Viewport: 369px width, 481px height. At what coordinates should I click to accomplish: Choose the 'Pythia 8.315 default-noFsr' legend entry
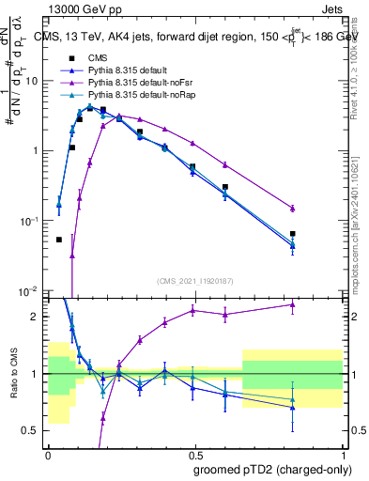click(x=142, y=83)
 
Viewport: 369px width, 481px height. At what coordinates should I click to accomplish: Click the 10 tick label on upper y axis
click(x=33, y=80)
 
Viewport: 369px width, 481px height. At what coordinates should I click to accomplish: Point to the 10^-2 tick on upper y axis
click(x=30, y=290)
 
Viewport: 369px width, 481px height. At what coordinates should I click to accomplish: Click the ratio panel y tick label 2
click(x=37, y=317)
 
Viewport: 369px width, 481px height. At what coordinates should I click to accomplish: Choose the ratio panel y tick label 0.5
click(x=33, y=431)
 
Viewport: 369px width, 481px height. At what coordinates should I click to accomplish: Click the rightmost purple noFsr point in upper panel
click(x=293, y=208)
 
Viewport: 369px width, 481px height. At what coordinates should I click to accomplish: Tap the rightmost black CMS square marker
click(x=293, y=233)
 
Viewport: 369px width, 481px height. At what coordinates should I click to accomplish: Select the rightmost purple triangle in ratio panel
click(x=293, y=304)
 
